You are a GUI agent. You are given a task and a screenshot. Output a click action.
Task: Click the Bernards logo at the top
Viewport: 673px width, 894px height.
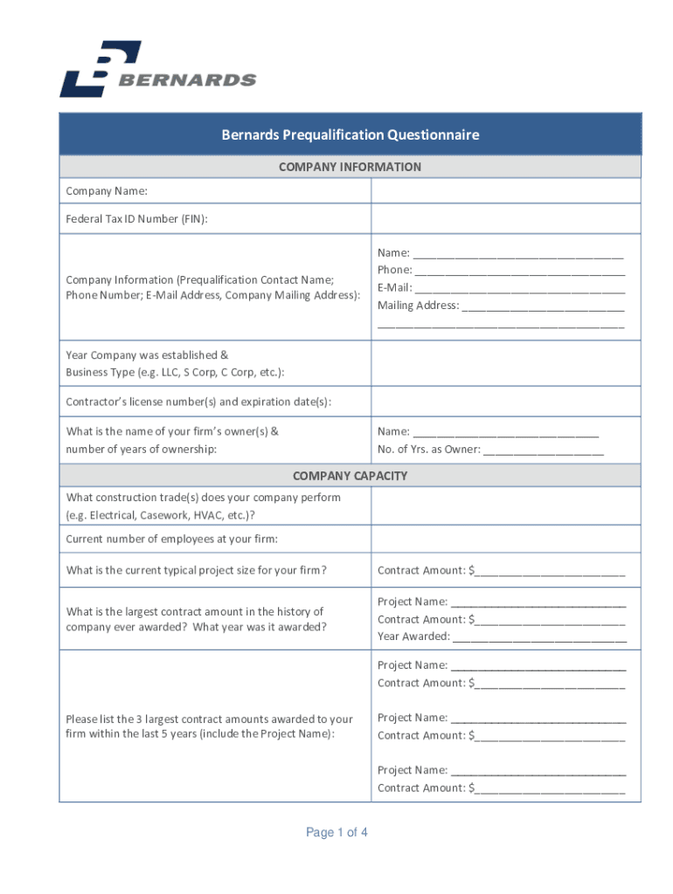tap(157, 69)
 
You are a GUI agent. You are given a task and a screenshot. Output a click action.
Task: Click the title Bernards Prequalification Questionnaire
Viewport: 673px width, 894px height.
tap(350, 134)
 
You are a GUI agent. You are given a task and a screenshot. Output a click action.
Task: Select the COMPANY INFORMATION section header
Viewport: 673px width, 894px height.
tap(350, 167)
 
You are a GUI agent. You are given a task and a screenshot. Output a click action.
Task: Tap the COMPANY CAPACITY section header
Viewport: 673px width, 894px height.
tap(350, 476)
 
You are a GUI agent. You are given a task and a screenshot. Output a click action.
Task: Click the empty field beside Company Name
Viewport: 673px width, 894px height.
tap(505, 191)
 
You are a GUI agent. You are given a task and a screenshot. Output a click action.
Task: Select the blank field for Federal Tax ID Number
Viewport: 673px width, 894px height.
tap(505, 219)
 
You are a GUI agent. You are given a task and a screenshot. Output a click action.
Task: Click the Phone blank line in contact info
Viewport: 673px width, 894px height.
tap(519, 271)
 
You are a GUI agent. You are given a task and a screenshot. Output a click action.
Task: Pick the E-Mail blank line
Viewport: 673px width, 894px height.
tap(520, 288)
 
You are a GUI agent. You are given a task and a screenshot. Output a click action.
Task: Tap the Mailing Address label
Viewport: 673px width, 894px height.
tap(418, 306)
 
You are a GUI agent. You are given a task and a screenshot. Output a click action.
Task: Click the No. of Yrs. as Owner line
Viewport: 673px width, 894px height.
tap(543, 450)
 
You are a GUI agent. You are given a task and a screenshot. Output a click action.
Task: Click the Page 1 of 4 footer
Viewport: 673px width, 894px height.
tap(336, 833)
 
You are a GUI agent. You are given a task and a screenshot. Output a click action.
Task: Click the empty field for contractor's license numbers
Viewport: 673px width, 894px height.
tap(505, 402)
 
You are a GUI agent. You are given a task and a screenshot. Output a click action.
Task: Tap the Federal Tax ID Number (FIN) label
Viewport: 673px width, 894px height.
tap(137, 219)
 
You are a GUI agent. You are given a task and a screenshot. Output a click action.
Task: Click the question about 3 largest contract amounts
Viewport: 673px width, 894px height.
tap(210, 726)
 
